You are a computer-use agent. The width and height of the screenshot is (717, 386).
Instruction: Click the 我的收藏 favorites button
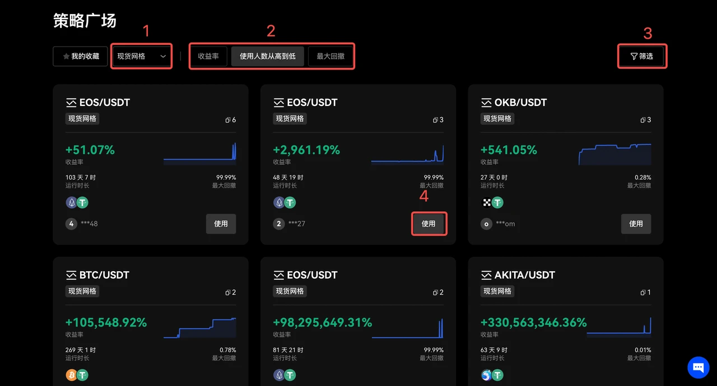80,56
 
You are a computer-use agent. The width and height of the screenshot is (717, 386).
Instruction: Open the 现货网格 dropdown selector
141,56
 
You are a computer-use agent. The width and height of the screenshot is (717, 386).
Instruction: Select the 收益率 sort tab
208,56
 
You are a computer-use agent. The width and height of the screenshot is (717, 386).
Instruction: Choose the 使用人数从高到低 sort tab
267,56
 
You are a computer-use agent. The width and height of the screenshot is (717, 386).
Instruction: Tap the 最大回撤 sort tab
330,56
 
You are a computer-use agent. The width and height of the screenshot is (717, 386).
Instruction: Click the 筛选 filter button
642,56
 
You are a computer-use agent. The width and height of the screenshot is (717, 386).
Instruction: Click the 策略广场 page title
85,21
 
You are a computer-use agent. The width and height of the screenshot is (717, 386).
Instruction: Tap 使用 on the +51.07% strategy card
221,224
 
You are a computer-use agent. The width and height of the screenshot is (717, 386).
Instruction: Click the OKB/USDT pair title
520,103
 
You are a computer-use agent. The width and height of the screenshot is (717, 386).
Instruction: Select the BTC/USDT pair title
105,275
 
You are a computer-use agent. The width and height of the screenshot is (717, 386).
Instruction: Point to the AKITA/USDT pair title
524,275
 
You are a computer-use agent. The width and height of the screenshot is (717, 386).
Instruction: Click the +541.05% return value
509,150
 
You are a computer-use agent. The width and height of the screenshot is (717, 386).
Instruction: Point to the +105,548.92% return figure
106,323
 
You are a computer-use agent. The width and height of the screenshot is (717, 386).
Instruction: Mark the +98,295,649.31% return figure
322,323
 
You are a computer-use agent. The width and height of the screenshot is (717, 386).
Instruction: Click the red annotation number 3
648,34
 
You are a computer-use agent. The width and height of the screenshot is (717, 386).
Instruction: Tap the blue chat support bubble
698,368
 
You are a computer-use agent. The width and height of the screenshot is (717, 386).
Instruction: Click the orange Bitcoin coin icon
71,375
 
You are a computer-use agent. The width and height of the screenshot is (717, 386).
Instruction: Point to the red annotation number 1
147,31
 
